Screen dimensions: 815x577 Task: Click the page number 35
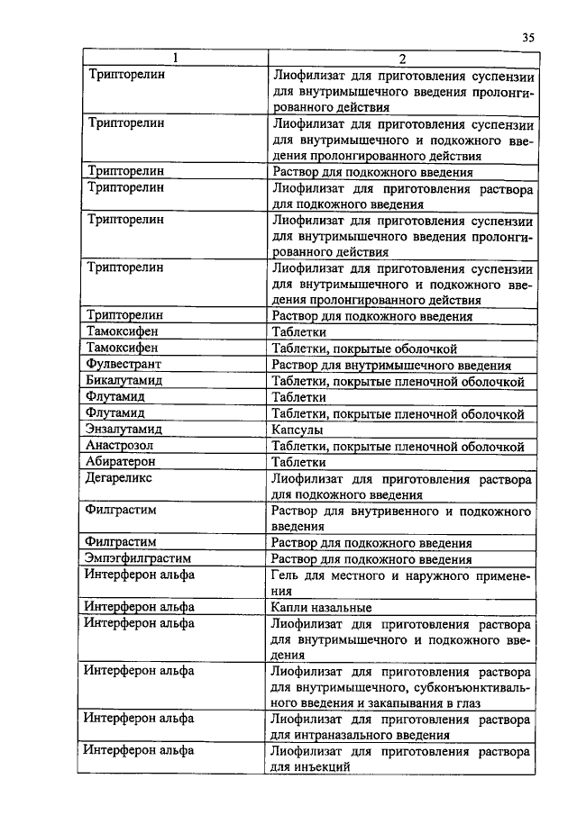click(x=528, y=37)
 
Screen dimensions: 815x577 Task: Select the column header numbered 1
click(x=175, y=59)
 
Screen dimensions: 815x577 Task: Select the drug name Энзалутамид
click(x=124, y=430)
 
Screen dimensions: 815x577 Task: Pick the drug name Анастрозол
click(x=120, y=446)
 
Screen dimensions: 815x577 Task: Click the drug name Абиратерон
click(x=121, y=462)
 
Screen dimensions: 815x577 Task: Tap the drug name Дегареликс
click(x=120, y=478)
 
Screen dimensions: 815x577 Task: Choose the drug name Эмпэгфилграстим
click(x=138, y=558)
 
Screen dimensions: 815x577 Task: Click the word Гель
click(x=288, y=575)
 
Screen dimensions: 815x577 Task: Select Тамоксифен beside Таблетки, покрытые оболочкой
click(x=124, y=349)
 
